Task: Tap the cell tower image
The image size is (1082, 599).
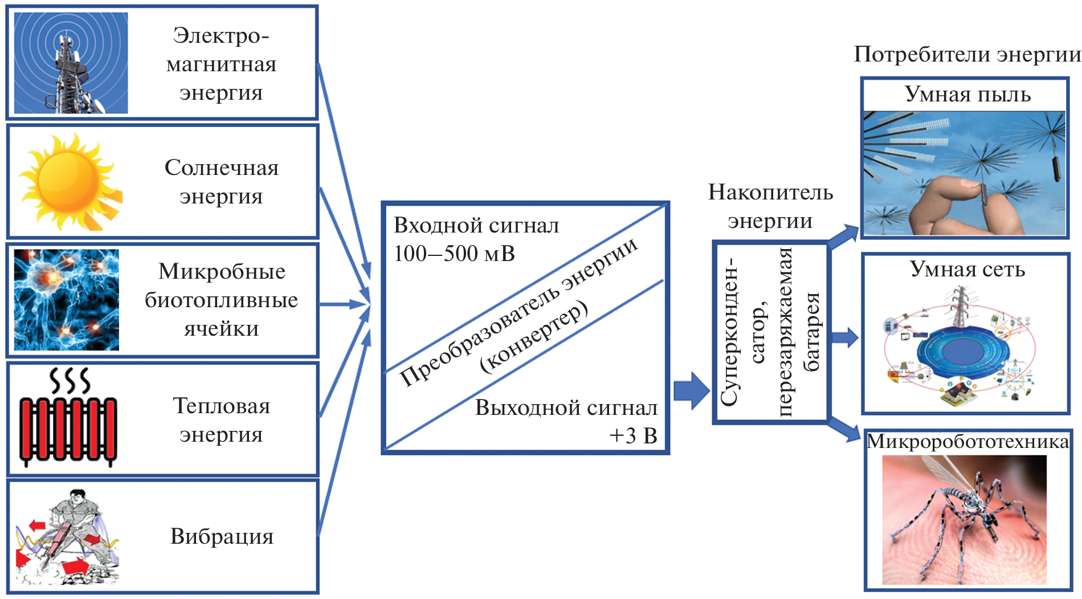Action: tap(71, 63)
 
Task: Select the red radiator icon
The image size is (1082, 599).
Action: tap(68, 418)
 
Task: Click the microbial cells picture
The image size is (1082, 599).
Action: tap(67, 299)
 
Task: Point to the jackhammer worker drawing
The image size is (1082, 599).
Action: tap(67, 537)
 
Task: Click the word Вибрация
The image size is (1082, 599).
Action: tap(222, 536)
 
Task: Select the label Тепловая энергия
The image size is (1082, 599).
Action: tap(222, 420)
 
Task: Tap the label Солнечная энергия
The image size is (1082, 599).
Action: tap(222, 182)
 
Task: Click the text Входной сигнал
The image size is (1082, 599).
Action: tap(476, 226)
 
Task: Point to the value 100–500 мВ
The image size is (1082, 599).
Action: tap(454, 254)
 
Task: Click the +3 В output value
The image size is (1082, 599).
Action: tap(633, 436)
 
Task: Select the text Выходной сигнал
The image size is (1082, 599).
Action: tap(566, 408)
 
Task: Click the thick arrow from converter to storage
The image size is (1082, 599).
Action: tap(691, 391)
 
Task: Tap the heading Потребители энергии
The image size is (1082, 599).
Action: tap(967, 55)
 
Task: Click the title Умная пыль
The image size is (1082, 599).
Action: tap(967, 95)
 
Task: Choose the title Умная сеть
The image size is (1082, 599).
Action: tap(967, 269)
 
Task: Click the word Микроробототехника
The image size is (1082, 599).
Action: tap(967, 442)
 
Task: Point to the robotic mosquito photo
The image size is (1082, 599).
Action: tap(965, 520)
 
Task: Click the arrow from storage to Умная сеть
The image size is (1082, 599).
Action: tap(844, 337)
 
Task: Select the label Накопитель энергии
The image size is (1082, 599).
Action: tap(770, 206)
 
